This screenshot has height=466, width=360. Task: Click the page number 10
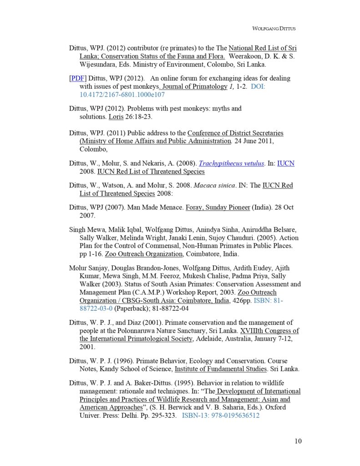(298, 441)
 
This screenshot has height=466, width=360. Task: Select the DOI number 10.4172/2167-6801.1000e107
(122, 95)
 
